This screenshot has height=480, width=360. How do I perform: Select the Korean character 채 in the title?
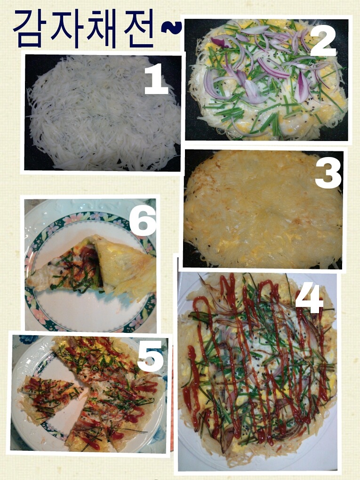(x=100, y=29)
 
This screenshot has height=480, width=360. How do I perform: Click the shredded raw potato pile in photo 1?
(x=104, y=113)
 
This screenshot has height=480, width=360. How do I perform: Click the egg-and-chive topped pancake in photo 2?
(x=268, y=79)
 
